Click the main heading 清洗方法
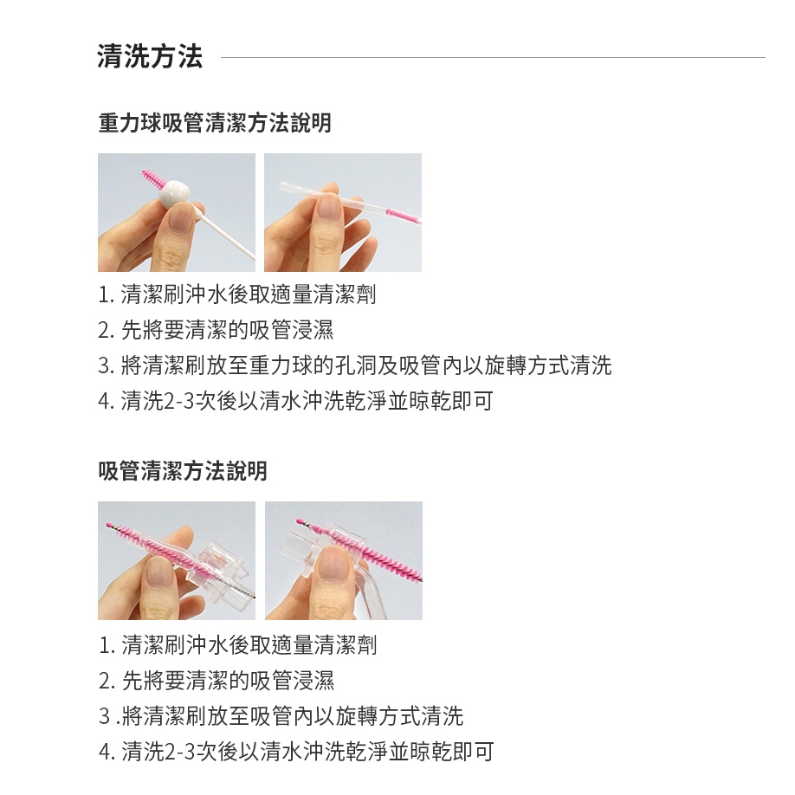pos(150,55)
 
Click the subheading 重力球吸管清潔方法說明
pos(215,123)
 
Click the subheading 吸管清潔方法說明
pos(183,470)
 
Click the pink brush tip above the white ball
pos(152,179)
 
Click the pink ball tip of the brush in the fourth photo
pos(299,521)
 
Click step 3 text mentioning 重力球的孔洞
pos(355,365)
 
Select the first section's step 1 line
pos(236,294)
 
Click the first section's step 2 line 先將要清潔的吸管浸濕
pos(216,330)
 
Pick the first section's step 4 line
pos(295,401)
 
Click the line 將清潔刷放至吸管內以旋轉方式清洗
pos(281,716)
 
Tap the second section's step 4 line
pos(296,752)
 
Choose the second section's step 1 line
pos(238,645)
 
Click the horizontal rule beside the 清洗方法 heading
pos(493,57)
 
